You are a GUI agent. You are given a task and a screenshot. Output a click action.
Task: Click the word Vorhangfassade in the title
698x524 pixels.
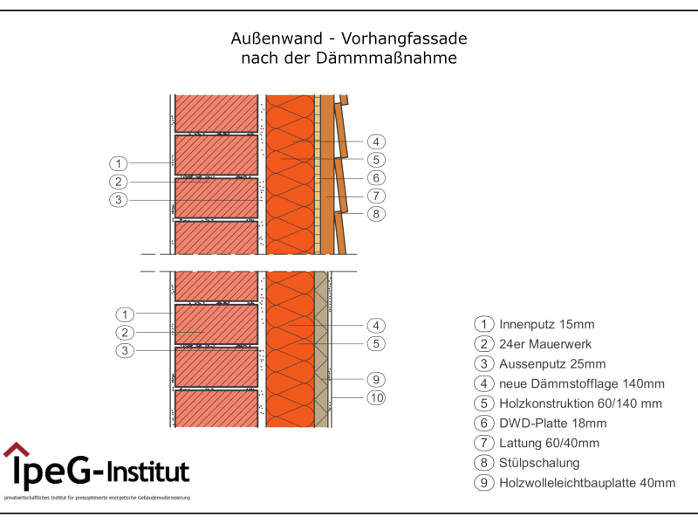(x=405, y=39)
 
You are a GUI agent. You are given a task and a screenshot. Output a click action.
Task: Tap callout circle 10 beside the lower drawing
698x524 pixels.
(x=376, y=398)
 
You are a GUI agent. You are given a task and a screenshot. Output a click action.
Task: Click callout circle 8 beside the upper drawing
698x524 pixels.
(x=376, y=214)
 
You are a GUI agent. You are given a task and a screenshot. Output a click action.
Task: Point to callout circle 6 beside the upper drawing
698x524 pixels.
(x=376, y=178)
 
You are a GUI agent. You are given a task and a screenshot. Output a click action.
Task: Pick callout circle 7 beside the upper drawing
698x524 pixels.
(x=376, y=196)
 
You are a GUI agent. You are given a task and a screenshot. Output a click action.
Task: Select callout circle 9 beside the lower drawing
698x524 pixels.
(x=376, y=380)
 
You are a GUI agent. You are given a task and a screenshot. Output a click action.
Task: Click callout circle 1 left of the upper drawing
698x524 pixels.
(x=119, y=163)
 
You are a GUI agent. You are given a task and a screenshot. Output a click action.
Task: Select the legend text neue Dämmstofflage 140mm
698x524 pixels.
(x=582, y=383)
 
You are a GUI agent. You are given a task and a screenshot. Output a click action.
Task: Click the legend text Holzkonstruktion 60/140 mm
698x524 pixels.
(x=580, y=403)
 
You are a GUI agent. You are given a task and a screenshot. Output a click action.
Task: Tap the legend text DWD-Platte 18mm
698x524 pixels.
(x=552, y=424)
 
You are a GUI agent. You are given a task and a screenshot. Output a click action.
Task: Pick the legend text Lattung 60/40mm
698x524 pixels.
(x=549, y=443)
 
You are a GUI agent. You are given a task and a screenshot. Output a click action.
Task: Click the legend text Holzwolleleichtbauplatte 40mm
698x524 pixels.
(x=587, y=483)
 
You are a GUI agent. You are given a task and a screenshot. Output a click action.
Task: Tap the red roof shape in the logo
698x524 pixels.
(x=16, y=451)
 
